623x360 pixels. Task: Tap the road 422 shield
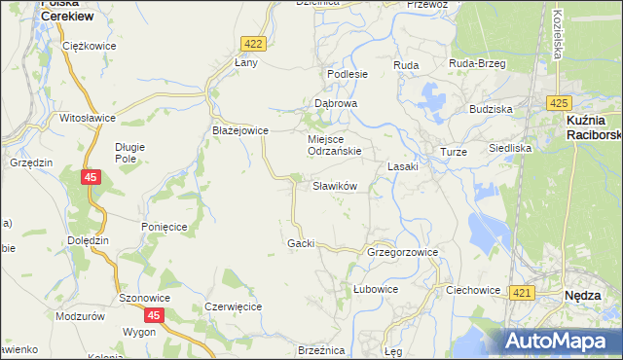(253, 44)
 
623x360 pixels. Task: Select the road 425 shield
(558, 102)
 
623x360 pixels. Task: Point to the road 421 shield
(521, 293)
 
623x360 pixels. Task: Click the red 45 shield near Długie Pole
(90, 177)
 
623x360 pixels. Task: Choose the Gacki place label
(301, 242)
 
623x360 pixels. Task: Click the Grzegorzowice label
(402, 252)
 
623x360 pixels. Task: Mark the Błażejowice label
(239, 130)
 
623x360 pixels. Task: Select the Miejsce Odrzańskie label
(335, 145)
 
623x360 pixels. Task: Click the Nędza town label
(588, 295)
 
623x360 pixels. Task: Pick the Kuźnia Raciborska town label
(593, 126)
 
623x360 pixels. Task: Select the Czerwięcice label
(234, 306)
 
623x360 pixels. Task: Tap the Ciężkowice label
(89, 46)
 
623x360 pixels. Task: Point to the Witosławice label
(88, 118)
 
